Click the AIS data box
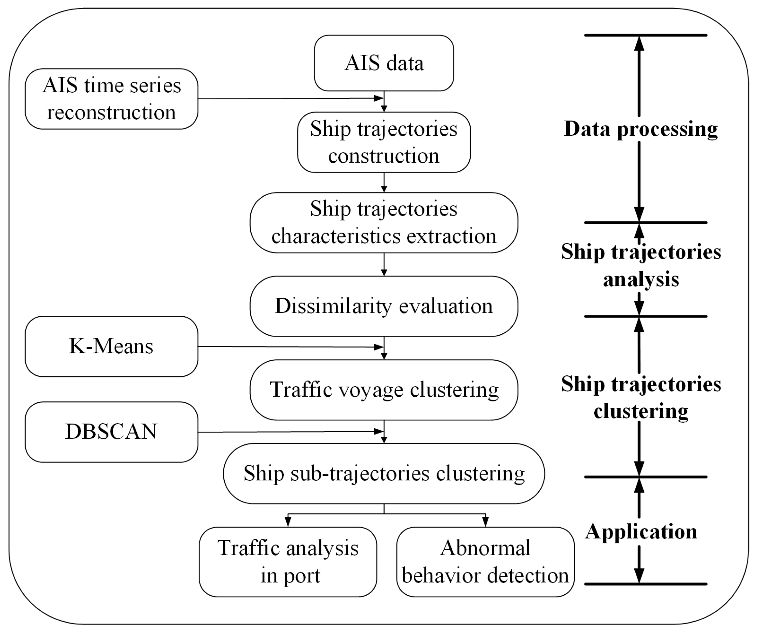coord(384,63)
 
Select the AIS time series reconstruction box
coord(111,99)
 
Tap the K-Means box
coord(111,346)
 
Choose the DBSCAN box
coord(111,431)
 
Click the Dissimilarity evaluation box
coord(384,306)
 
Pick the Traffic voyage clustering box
coord(384,390)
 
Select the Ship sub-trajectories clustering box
coord(384,473)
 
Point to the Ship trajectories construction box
coord(384,142)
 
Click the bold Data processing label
coord(640,129)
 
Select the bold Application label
coord(641,531)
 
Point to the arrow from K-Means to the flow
coord(289,347)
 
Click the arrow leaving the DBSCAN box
coord(289,432)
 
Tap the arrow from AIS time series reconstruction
coord(289,98)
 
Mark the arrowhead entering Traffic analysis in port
coord(288,521)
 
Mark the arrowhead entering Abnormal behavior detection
coord(485,521)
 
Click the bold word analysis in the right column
coord(641,279)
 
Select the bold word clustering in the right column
coord(641,411)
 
